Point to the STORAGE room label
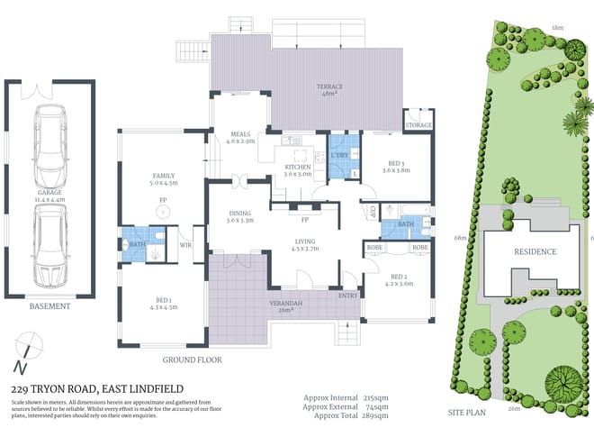click(x=418, y=125)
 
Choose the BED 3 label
click(x=396, y=164)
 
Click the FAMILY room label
click(x=164, y=177)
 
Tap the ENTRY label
click(x=347, y=295)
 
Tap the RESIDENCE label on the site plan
click(x=535, y=252)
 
